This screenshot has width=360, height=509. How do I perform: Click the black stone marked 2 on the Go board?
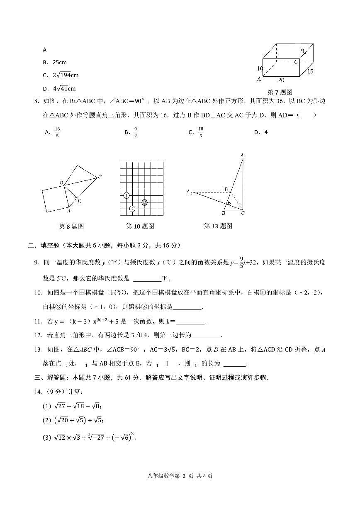[144, 202]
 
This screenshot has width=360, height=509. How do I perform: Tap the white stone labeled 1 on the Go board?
[126, 195]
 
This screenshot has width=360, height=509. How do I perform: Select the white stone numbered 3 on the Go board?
[132, 209]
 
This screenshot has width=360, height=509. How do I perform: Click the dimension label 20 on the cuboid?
[281, 80]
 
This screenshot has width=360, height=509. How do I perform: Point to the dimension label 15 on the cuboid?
[310, 71]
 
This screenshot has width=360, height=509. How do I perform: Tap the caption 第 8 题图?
[72, 226]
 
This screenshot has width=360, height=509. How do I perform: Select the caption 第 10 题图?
[140, 226]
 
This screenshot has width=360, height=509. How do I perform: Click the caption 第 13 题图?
[218, 226]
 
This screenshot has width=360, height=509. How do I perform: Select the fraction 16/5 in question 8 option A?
[57, 132]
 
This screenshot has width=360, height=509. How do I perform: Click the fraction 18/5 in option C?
[201, 132]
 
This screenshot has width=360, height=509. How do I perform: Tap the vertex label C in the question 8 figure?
[100, 177]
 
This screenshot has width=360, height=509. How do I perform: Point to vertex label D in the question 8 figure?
[79, 201]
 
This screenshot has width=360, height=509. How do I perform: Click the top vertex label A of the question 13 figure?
[242, 155]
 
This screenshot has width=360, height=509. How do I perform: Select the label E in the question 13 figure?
[228, 203]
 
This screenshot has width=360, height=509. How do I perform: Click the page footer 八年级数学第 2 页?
[180, 476]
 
